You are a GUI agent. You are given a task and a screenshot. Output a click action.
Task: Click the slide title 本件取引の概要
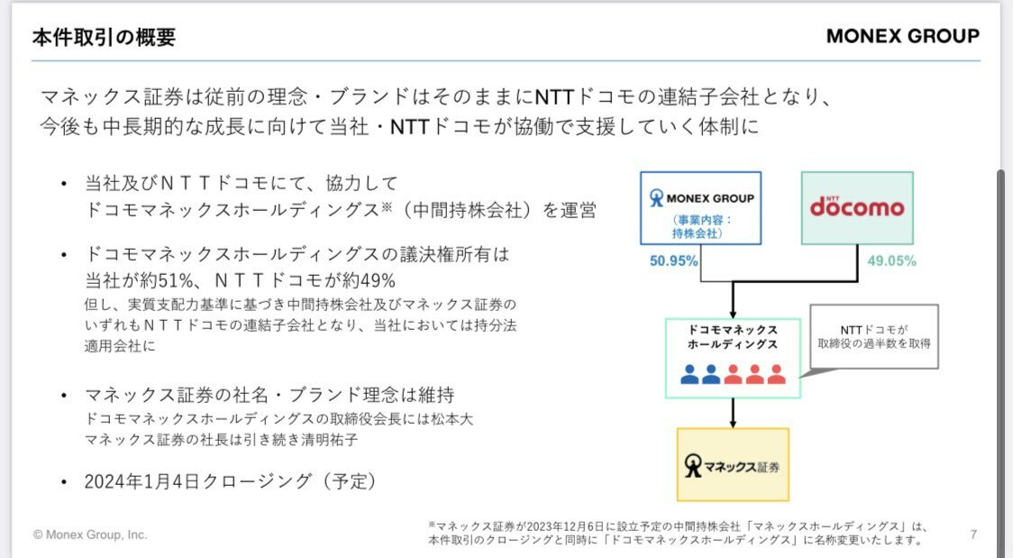[104, 37]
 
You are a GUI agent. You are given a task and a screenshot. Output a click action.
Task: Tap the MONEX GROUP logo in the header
[902, 36]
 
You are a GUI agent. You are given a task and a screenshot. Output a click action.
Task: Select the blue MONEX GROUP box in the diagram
[700, 208]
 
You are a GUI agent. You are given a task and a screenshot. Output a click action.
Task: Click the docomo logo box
[857, 208]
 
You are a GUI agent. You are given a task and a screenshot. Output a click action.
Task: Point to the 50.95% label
[673, 261]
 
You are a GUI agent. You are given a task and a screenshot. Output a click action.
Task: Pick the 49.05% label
[891, 261]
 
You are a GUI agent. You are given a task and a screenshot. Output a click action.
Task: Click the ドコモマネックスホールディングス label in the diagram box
[733, 337]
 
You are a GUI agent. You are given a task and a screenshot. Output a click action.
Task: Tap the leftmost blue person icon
[689, 375]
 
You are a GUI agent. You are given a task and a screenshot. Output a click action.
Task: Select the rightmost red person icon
[776, 375]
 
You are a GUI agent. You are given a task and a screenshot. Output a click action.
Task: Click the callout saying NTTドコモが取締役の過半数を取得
[874, 336]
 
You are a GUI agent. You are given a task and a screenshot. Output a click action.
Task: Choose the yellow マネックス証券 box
[733, 464]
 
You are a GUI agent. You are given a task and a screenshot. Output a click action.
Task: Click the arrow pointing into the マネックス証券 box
[733, 413]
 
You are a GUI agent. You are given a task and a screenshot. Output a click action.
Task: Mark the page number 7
[973, 534]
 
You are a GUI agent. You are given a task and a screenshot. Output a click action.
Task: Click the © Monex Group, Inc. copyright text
[90, 535]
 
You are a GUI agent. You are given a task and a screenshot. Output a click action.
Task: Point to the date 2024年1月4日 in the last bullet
[142, 481]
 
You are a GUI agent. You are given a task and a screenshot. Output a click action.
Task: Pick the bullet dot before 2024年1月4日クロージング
[63, 481]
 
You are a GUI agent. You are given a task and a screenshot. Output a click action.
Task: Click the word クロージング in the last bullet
[258, 481]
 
